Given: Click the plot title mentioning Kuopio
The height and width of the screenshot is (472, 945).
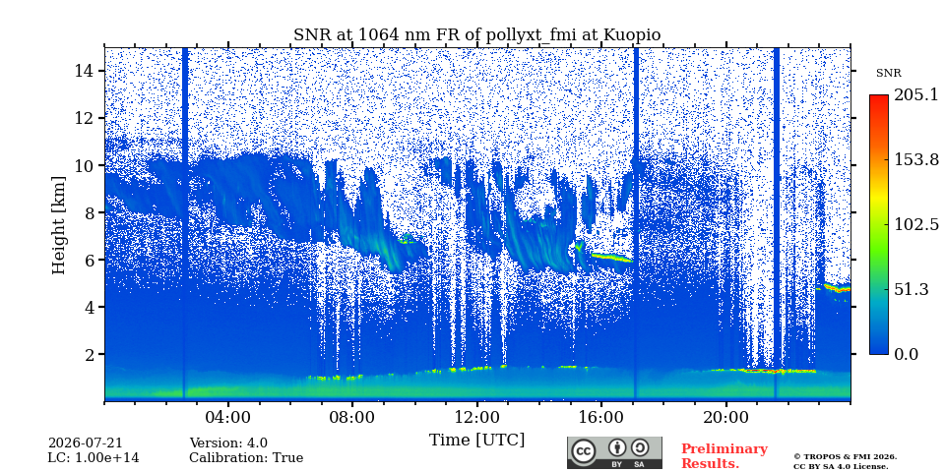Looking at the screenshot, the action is coord(476,35).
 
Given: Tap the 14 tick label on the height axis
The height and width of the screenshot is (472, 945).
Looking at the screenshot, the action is coord(85,71).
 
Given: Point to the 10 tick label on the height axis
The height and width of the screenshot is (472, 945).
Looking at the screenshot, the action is coord(85,165).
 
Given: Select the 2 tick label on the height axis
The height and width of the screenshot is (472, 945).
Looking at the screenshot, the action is coord(91,354).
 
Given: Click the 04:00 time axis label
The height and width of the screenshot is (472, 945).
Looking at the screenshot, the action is coord(227,417).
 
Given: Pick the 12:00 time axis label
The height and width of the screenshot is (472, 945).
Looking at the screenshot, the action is coord(476,417).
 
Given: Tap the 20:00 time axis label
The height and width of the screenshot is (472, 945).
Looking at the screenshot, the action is coord(725,417).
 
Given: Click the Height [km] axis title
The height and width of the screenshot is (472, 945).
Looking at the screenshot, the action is coord(58,225).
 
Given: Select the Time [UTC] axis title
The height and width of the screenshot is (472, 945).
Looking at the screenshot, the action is coord(476,441).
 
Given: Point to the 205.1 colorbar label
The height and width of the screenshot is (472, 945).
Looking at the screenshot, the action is coord(916,94).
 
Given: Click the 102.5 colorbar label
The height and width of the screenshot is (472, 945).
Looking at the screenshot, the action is coord(916,224).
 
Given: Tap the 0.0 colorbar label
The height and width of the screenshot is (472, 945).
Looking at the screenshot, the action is coord(906,354).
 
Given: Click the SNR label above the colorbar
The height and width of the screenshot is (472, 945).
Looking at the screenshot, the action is coord(889,74).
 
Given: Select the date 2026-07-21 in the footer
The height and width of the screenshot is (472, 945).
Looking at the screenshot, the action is coord(85,443).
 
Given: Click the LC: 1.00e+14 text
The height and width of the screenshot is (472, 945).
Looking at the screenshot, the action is coord(94,458).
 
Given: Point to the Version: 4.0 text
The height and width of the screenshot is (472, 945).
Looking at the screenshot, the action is coord(228,443).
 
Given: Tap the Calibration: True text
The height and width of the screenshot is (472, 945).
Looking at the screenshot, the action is coord(246,458).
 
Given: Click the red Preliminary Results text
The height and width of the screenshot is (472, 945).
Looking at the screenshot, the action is coord(724,456).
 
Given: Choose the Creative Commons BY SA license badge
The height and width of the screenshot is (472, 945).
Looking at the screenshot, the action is coord(614,452).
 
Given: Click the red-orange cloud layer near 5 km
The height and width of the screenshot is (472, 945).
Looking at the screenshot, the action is coord(837,288).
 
